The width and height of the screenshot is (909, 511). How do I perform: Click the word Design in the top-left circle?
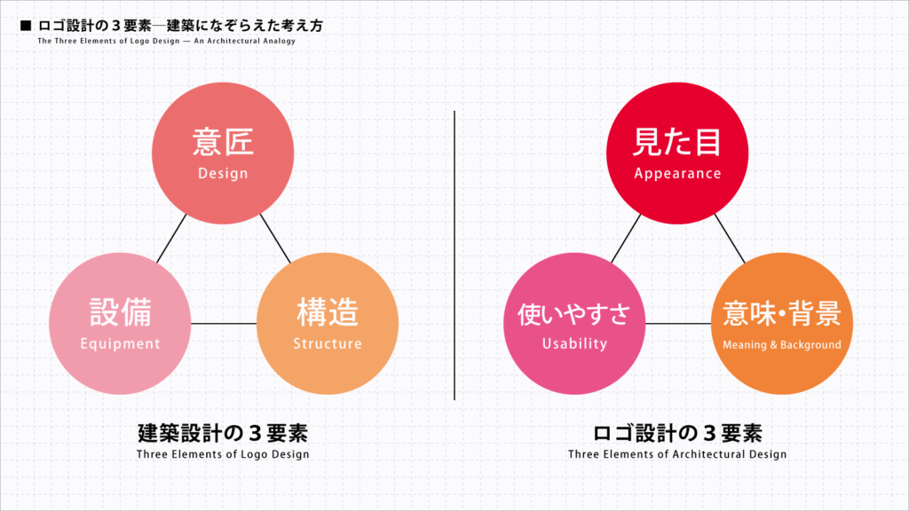point(223,173)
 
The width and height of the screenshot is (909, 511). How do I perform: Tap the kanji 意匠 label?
point(223,142)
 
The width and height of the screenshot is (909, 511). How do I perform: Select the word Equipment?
point(120,344)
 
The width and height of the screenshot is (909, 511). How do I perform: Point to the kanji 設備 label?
point(120,312)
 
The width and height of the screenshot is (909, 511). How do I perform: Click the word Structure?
point(328,343)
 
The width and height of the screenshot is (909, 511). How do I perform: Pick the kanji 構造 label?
point(328,312)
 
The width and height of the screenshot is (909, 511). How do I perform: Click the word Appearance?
point(677,174)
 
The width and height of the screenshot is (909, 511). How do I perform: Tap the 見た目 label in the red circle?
point(677,142)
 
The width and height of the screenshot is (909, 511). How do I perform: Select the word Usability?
point(574,343)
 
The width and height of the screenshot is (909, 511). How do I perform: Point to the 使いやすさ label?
point(574,313)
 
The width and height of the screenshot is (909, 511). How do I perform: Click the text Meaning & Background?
point(781,345)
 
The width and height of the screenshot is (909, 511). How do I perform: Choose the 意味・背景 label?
point(781,313)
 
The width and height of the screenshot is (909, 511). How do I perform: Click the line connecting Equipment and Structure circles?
point(224,323)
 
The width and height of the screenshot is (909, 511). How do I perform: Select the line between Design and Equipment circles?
point(171,238)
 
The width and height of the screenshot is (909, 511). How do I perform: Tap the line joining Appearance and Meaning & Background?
point(730,239)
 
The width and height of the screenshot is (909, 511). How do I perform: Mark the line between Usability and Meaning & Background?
point(678,323)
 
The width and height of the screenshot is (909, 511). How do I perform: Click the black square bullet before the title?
point(25,26)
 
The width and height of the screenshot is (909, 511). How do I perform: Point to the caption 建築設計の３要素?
point(223,433)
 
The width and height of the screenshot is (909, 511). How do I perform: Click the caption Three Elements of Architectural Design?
point(677,454)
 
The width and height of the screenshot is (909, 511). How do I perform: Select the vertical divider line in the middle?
point(454,255)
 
